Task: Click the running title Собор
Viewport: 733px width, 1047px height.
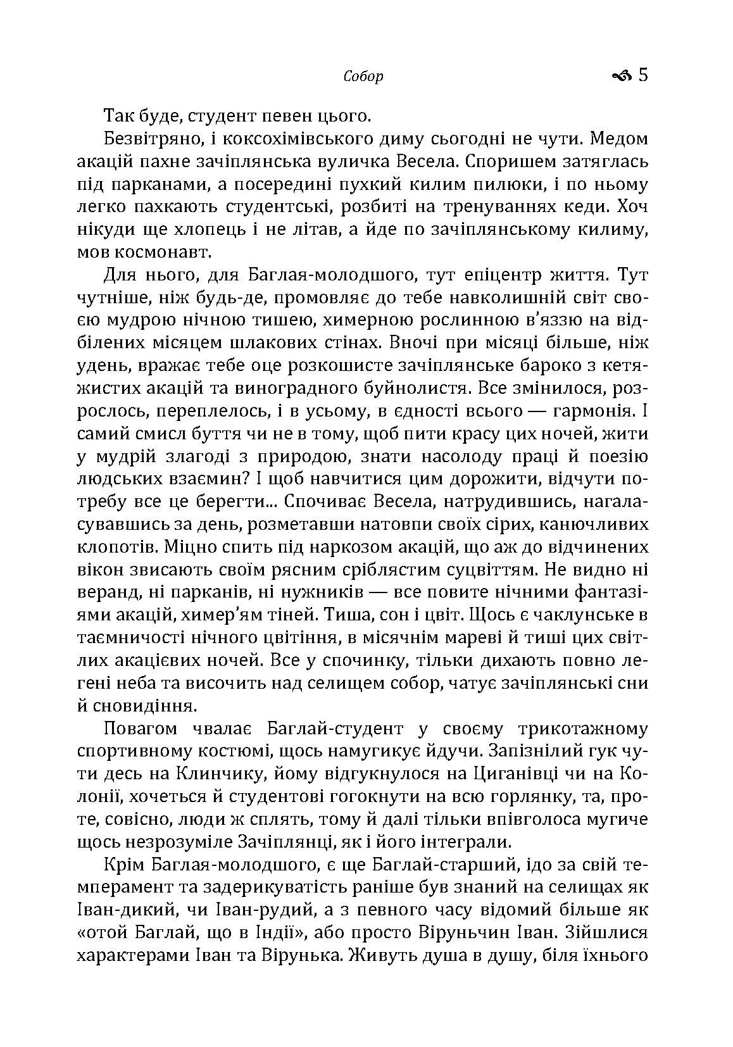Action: [363, 77]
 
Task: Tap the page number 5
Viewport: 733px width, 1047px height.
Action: [643, 75]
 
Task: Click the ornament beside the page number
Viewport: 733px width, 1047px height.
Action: [622, 77]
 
